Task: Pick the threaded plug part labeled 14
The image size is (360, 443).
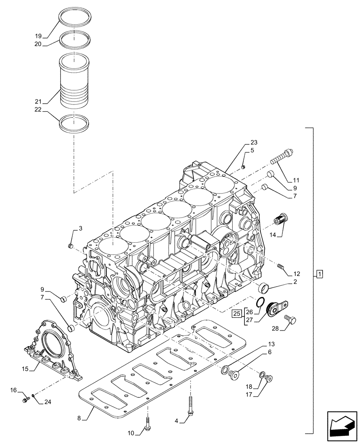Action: tap(280, 220)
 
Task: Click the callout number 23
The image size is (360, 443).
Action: tap(253, 143)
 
